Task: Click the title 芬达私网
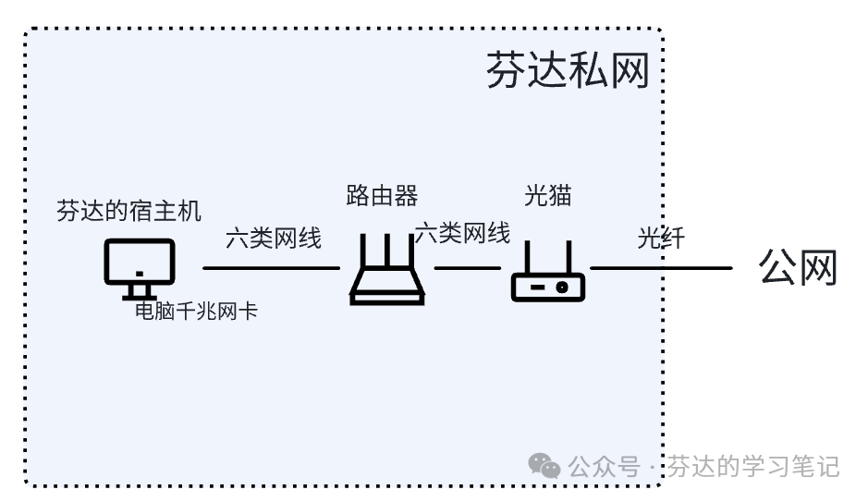click(x=567, y=71)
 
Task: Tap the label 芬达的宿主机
click(x=128, y=211)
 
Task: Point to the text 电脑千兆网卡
click(x=196, y=312)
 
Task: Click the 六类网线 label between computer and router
click(x=274, y=239)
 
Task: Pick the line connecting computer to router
click(x=271, y=268)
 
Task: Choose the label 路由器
click(x=382, y=196)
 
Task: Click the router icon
click(x=386, y=272)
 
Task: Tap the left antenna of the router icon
click(x=363, y=255)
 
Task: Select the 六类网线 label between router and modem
click(x=462, y=233)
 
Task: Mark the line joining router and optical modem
click(x=467, y=268)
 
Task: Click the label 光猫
click(x=548, y=196)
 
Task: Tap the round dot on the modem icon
click(x=560, y=288)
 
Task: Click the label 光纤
click(x=661, y=239)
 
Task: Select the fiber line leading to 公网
click(x=661, y=268)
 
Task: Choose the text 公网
click(x=797, y=267)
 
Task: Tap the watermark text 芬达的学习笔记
click(x=752, y=467)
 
